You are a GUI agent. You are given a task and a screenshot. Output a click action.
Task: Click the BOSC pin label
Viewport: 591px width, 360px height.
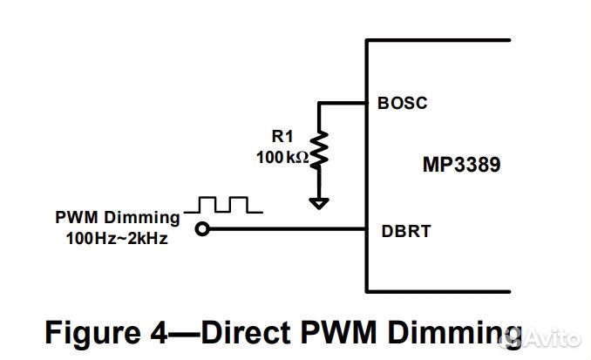(403, 102)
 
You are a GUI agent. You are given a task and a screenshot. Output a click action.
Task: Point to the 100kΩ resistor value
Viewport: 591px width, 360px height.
(282, 157)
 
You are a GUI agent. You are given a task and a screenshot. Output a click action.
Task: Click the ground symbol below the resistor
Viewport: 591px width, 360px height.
(320, 202)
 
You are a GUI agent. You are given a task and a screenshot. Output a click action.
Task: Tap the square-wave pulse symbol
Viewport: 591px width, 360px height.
(228, 206)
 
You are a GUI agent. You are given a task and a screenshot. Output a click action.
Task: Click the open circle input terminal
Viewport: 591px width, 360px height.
(202, 230)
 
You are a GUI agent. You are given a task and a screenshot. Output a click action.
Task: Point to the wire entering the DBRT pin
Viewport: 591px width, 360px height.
(288, 230)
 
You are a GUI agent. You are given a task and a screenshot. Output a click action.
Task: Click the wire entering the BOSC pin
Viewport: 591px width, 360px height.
(343, 103)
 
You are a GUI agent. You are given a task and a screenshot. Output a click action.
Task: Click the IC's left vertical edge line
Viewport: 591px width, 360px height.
(366, 166)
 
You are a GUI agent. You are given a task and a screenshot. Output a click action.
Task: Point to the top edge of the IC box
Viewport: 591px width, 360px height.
(436, 39)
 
